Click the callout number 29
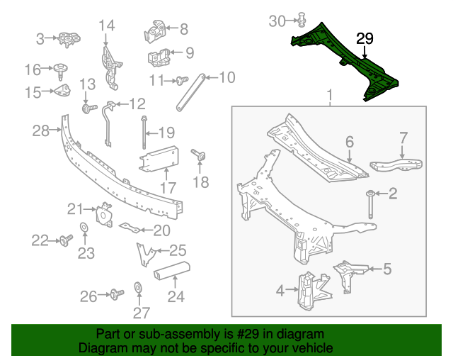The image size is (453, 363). coord(365,40)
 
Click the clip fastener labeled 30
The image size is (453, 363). coord(302,19)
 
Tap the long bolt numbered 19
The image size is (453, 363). coord(144,131)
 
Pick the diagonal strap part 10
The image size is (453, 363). coord(190,91)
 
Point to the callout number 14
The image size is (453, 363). coord(106,26)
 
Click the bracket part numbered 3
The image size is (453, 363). coord(68,38)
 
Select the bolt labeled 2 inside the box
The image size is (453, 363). coord(371,203)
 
